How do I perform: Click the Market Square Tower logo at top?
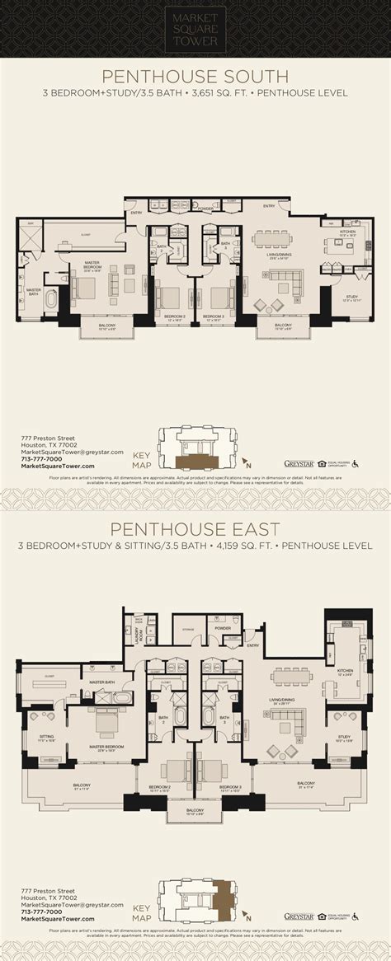point(195,24)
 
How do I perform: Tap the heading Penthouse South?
point(195,77)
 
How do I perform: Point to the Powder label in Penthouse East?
point(221,628)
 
